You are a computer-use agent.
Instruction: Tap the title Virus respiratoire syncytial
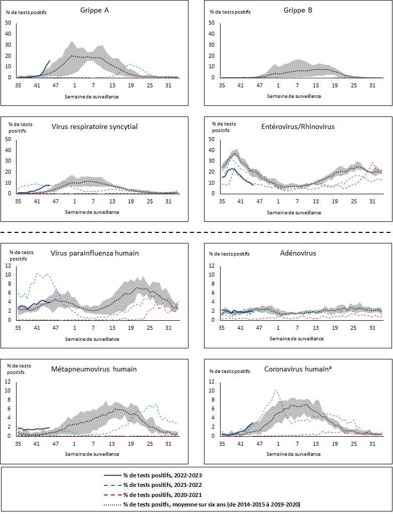click(95, 126)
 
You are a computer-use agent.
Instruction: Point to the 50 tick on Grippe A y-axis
click(8, 23)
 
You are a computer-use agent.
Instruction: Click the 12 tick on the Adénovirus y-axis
click(212, 266)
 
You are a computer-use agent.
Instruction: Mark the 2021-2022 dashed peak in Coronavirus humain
click(275, 390)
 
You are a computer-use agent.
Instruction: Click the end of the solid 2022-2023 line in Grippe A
click(49, 61)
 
